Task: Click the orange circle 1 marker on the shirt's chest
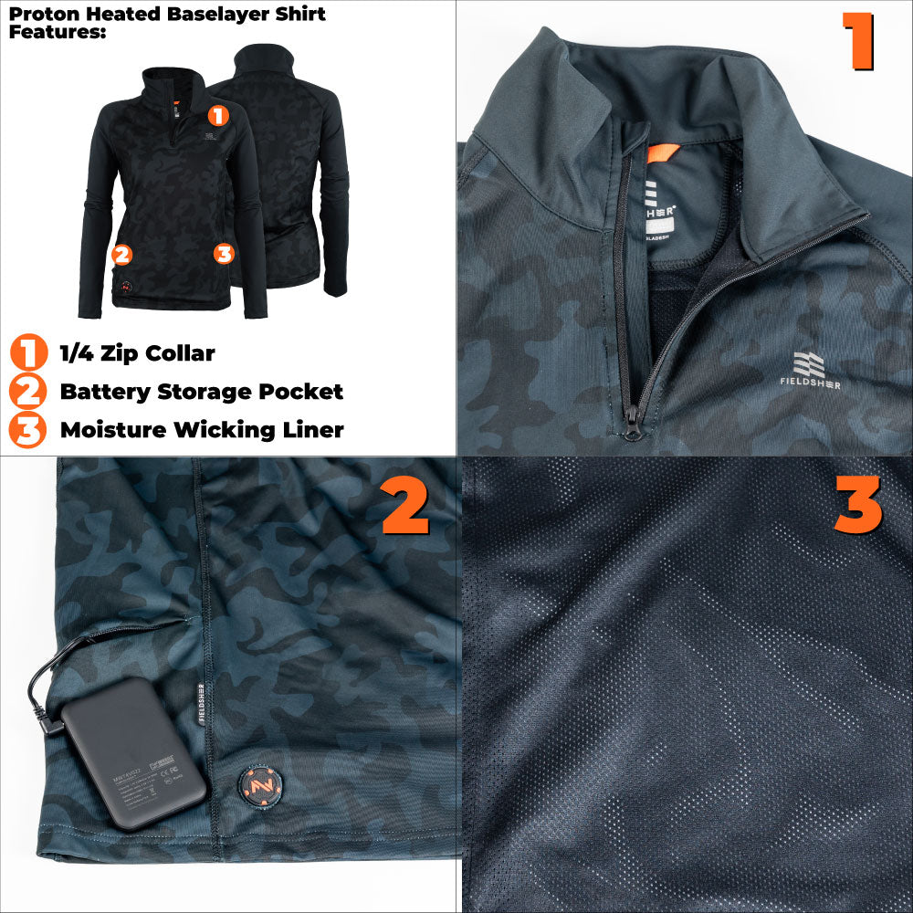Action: pos(217,116)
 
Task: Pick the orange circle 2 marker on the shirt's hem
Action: pos(121,254)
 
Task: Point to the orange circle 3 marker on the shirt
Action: pos(224,253)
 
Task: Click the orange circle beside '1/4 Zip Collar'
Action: pos(28,352)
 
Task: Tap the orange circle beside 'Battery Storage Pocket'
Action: pos(28,392)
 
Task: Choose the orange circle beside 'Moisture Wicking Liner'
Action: pos(28,430)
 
